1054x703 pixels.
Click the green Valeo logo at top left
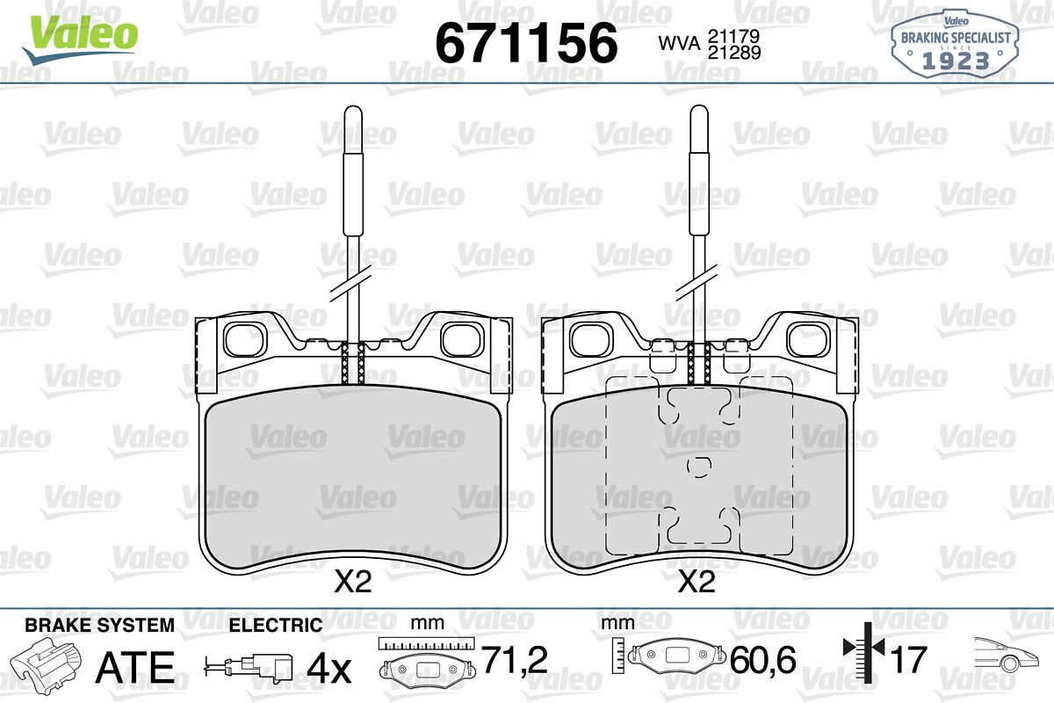80,39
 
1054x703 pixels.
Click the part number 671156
526,43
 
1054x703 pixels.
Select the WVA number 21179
734,36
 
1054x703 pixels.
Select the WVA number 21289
734,53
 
